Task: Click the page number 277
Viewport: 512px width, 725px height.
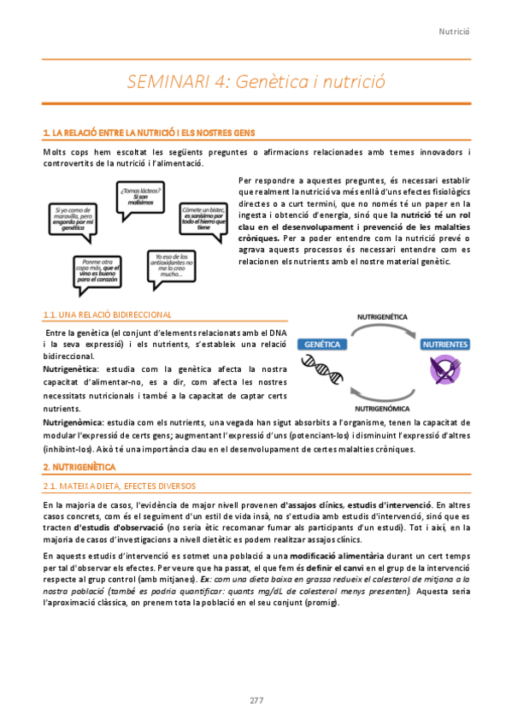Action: pyautogui.click(x=256, y=700)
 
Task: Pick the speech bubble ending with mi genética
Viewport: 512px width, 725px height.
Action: pyautogui.click(x=78, y=220)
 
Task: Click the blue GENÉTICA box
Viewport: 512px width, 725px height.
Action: pyautogui.click(x=321, y=344)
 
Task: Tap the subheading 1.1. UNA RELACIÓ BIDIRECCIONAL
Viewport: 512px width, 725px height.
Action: pyautogui.click(x=107, y=315)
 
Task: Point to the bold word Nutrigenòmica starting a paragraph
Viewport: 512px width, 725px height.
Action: pyautogui.click(x=72, y=422)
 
